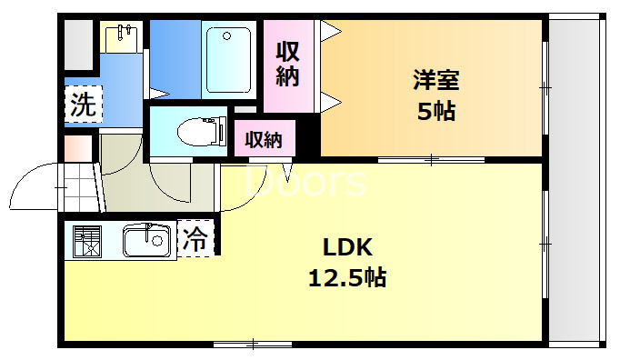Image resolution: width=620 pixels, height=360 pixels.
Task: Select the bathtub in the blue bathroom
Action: coord(227,59)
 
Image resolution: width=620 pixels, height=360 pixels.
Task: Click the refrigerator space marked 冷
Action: coord(195,239)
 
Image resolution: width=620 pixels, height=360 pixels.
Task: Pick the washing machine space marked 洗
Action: coord(82,104)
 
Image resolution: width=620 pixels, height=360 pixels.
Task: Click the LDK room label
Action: coord(345,246)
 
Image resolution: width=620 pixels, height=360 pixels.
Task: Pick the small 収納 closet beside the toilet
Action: coord(261,140)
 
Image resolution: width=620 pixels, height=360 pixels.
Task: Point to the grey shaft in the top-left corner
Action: coord(78,43)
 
